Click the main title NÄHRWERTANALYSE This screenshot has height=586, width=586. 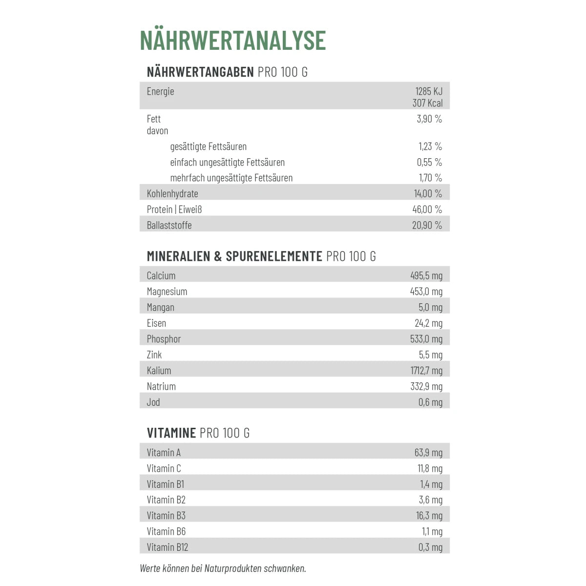pos(232,41)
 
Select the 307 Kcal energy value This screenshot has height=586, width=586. pos(427,103)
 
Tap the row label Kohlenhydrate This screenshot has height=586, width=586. pos(172,193)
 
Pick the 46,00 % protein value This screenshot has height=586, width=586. pos(427,209)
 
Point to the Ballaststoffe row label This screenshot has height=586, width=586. pos(169,225)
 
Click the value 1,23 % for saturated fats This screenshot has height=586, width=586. pos(430,146)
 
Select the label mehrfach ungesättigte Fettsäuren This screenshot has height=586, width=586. pos(231,178)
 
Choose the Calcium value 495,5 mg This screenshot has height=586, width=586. pos(426,276)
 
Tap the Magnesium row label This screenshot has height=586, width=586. pos(167,292)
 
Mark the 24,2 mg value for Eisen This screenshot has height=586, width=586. pos(428,323)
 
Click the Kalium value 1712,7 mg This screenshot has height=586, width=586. pos(426,371)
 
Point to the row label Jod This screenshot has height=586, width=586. pos(153,402)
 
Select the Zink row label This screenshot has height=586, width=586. pos(154,355)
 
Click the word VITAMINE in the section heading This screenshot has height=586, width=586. pos(171,433)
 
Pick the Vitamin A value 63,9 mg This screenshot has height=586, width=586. pos(428,453)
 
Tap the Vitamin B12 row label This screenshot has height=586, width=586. pos(167,547)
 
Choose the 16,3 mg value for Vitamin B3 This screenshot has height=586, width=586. pos(429,516)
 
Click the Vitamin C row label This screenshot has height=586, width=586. pos(164,469)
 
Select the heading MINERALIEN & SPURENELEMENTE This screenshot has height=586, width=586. pos(234,256)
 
